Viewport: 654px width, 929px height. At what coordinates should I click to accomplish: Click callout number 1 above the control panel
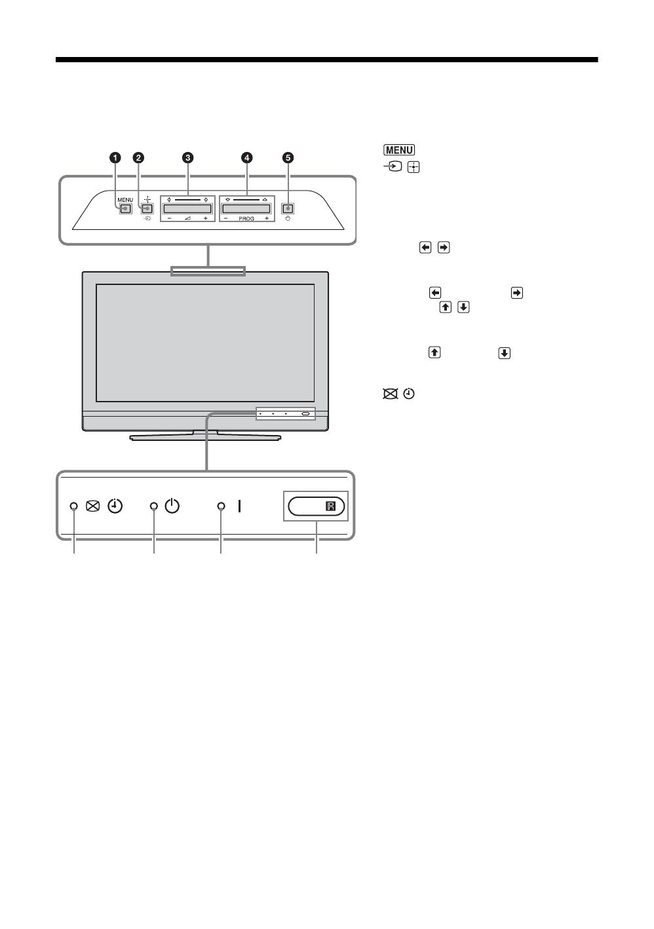(x=115, y=157)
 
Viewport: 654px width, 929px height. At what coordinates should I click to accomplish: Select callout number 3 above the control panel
(x=188, y=157)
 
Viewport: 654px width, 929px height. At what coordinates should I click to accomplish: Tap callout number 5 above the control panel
(x=288, y=157)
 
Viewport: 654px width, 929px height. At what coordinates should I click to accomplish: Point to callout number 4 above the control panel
(x=246, y=157)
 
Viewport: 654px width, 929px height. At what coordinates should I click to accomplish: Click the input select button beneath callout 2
(x=147, y=209)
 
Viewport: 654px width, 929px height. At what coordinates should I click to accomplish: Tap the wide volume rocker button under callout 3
(x=187, y=209)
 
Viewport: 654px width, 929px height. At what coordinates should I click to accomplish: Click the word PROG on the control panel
(x=246, y=218)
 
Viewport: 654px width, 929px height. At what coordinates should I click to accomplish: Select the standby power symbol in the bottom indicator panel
(x=172, y=506)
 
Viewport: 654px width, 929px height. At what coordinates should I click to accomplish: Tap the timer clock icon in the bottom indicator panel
(x=115, y=506)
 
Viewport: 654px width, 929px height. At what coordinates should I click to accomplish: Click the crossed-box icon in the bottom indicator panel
(x=92, y=506)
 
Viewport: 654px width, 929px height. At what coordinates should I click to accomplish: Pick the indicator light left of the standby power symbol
(x=154, y=506)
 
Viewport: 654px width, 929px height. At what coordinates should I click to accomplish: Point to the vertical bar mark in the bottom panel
(x=240, y=506)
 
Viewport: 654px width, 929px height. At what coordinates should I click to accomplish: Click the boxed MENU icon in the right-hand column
(x=396, y=150)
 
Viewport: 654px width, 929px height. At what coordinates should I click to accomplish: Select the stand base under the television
(x=205, y=436)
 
